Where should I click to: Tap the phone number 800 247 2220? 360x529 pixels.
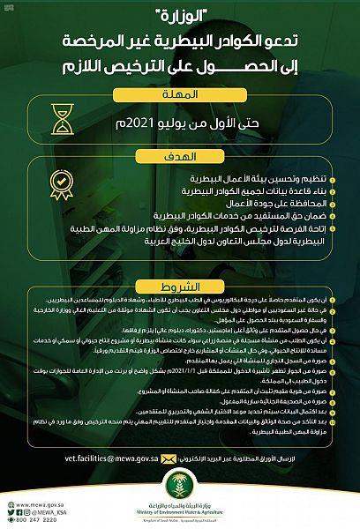pyautogui.click(x=29, y=520)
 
